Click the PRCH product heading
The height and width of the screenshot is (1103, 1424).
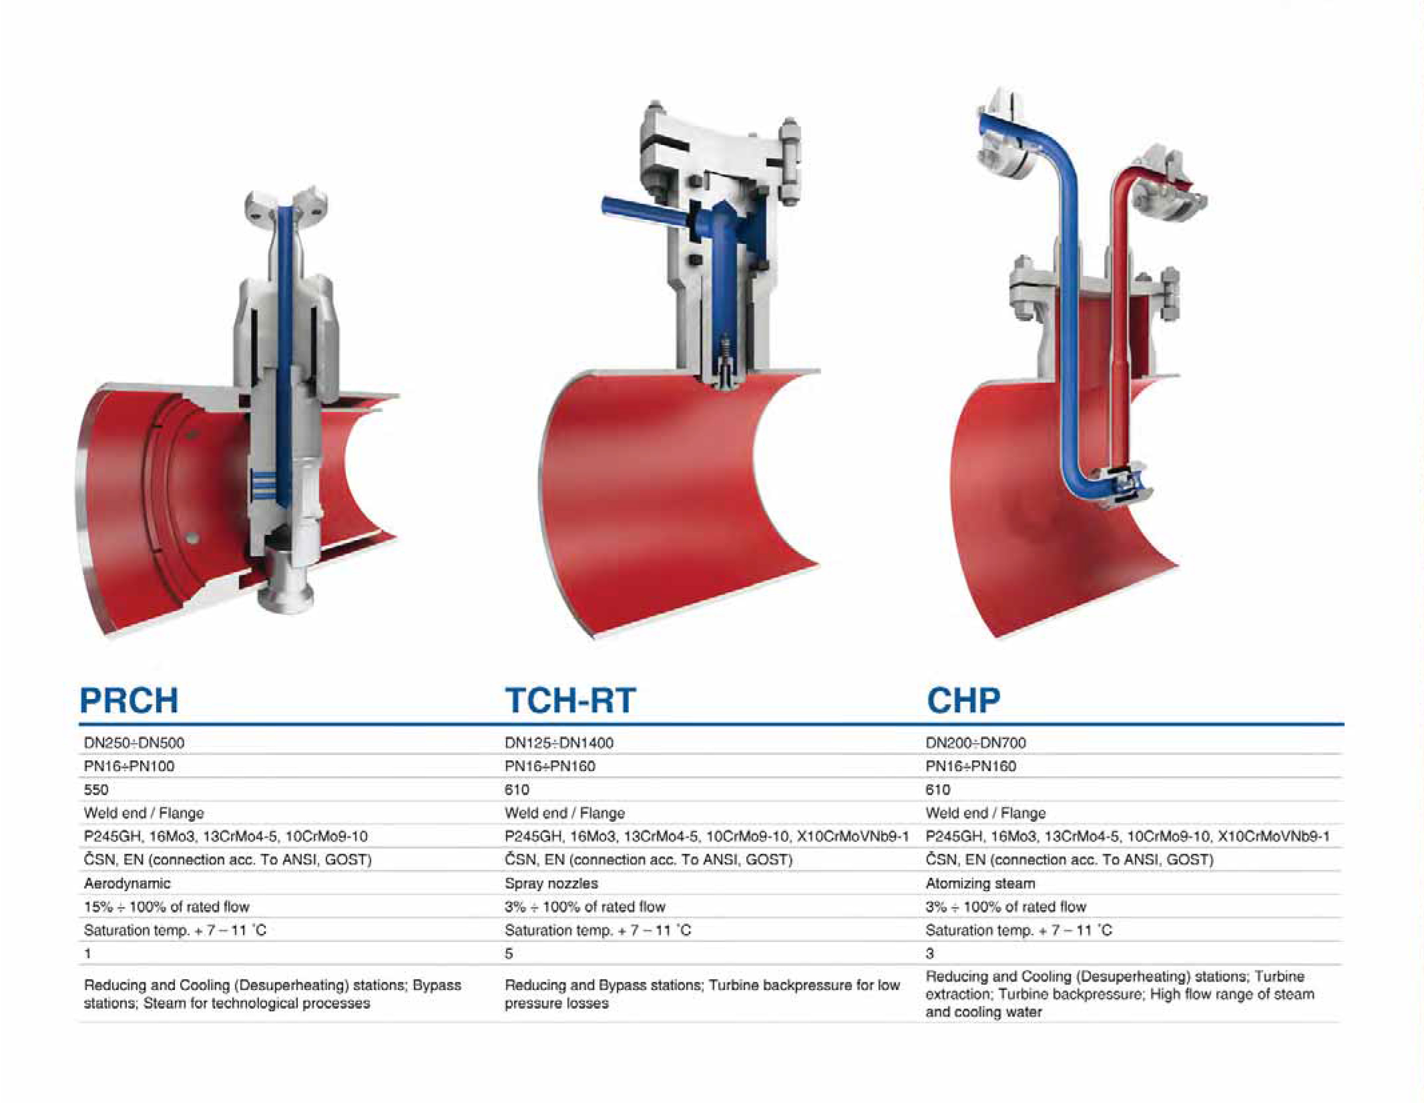click(129, 701)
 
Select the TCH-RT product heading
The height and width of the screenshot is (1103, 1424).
click(570, 701)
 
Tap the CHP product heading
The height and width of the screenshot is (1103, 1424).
click(963, 701)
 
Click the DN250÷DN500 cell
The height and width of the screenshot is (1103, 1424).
click(134, 743)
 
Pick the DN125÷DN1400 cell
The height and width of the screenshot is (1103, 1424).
click(559, 743)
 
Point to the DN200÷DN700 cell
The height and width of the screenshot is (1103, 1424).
click(975, 743)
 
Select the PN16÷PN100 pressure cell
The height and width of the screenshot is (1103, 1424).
click(129, 766)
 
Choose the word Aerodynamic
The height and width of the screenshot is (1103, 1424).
click(127, 883)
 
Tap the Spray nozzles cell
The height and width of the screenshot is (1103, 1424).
click(551, 883)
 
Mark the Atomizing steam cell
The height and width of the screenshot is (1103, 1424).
click(980, 883)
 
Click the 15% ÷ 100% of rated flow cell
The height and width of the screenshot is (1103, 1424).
click(166, 907)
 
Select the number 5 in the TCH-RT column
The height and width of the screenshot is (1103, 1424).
click(509, 954)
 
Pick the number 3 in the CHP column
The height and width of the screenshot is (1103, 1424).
click(930, 954)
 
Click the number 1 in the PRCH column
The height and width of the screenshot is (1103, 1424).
click(87, 954)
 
